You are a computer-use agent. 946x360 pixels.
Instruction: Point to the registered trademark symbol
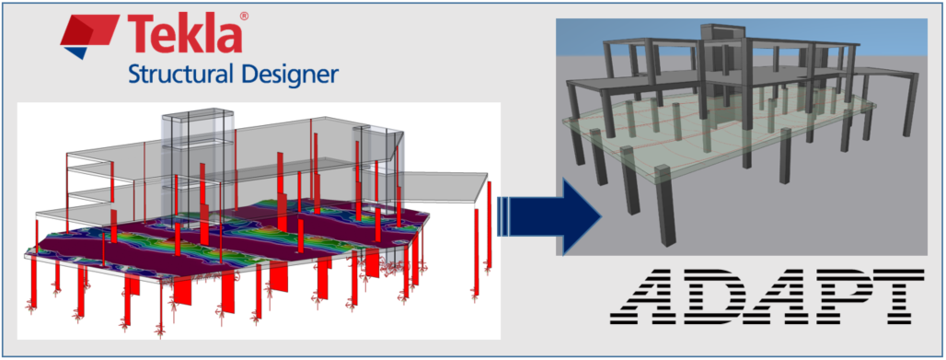coord(243,17)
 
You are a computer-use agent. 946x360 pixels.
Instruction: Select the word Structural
coord(175,74)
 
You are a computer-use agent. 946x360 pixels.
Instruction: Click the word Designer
coord(287,74)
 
